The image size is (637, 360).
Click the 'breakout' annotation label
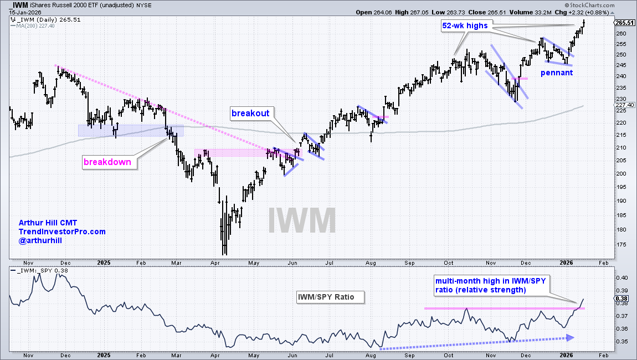point(250,113)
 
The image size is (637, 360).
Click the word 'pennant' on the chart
point(557,73)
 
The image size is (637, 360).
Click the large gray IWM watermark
point(302,220)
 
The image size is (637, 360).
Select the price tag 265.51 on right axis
point(625,23)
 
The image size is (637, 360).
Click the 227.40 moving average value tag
point(624,105)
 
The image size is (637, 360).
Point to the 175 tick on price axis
point(621,245)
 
